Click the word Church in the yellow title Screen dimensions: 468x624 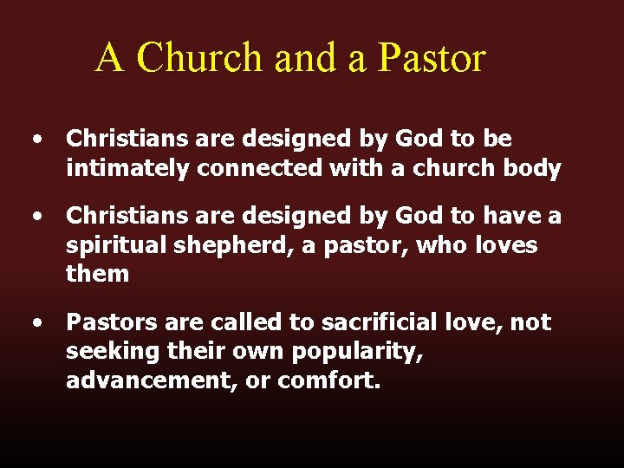(x=200, y=58)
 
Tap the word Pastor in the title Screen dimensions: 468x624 (x=432, y=58)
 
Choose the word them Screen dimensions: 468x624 (x=97, y=275)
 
